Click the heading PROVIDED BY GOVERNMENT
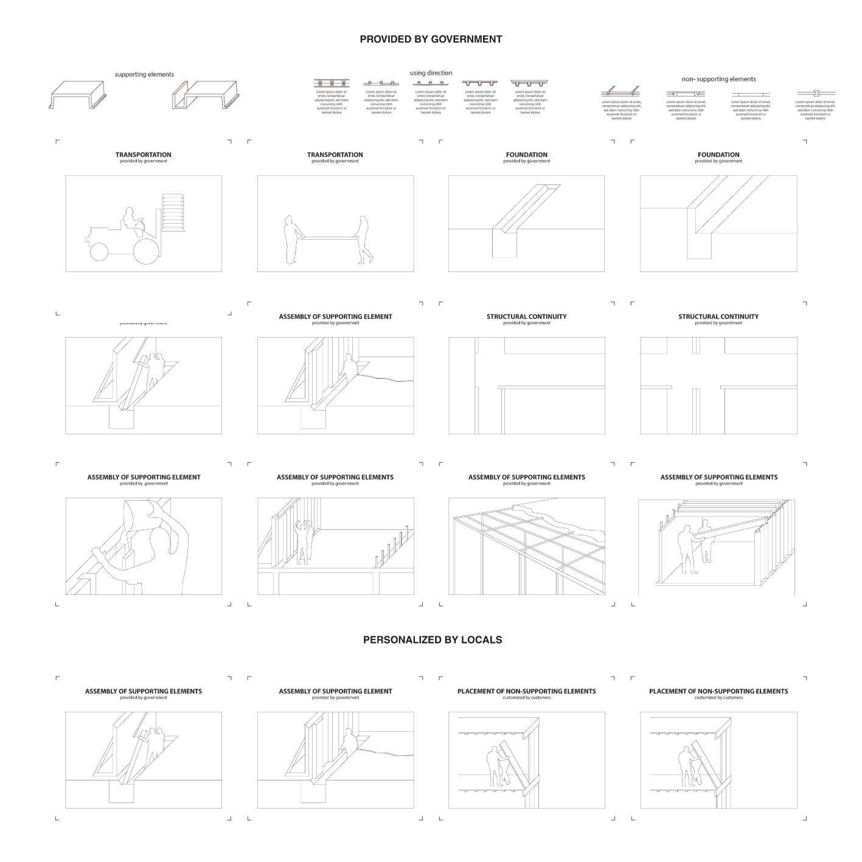click(431, 40)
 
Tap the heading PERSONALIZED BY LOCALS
click(432, 640)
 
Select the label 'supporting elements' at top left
click(144, 74)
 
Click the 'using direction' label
click(431, 73)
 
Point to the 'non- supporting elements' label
click(718, 79)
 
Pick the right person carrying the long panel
click(364, 240)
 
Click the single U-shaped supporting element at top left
click(78, 95)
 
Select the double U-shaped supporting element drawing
click(205, 95)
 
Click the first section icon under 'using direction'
click(332, 83)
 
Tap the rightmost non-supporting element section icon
click(816, 94)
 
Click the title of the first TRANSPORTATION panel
click(144, 155)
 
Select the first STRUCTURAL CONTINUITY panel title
click(526, 317)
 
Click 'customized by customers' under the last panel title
click(718, 698)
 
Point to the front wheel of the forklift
click(98, 251)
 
